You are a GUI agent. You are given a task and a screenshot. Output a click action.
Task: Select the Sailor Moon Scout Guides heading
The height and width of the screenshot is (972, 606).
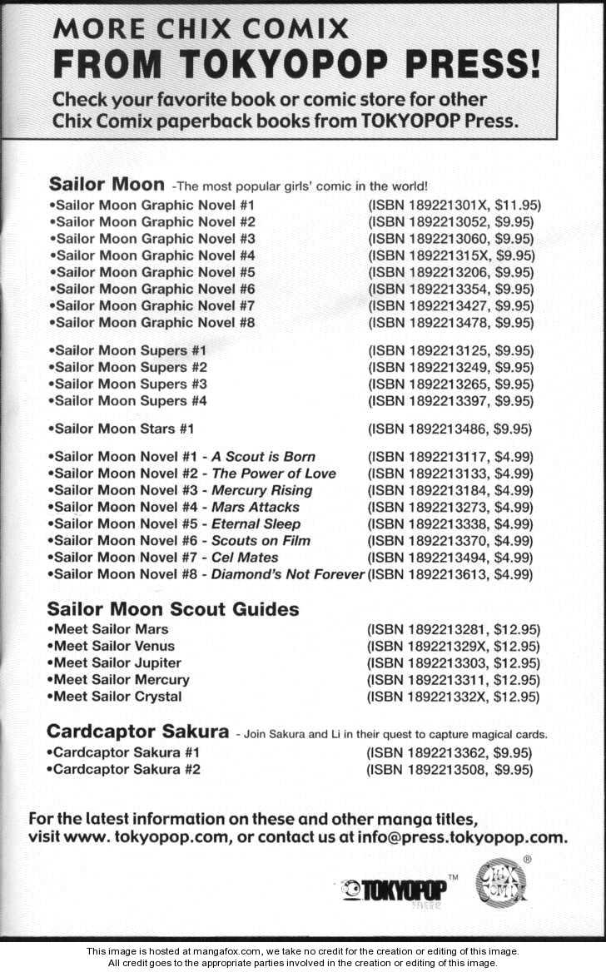click(173, 609)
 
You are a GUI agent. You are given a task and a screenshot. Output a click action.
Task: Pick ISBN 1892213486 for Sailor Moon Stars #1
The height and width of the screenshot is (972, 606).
click(428, 429)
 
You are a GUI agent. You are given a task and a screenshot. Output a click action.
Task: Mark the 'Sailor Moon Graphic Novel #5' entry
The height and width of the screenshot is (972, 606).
click(152, 272)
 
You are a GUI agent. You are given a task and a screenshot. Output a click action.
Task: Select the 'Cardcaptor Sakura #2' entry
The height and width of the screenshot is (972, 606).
click(125, 769)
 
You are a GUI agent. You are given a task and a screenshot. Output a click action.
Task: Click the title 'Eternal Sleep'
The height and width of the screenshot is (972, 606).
click(256, 523)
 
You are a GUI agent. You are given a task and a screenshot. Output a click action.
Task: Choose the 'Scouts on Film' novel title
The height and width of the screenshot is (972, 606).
click(261, 540)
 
